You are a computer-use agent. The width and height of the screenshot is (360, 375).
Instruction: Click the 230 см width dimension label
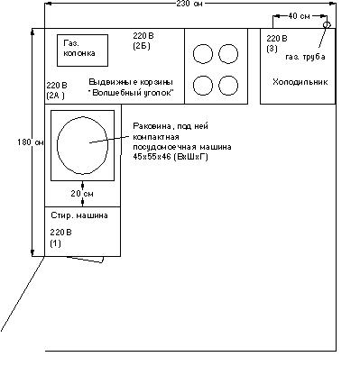[189, 4]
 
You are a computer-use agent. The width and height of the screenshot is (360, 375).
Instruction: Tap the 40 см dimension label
[299, 16]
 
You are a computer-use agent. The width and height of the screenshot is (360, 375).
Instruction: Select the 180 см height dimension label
[31, 142]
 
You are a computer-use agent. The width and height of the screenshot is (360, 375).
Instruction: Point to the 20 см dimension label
[82, 194]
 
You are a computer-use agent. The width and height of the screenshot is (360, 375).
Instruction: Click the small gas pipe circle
[327, 25]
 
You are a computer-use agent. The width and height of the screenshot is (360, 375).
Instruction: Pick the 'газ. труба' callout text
[305, 57]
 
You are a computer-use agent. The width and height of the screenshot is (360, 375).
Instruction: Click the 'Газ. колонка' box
[82, 50]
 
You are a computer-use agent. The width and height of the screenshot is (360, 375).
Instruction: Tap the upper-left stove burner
[203, 54]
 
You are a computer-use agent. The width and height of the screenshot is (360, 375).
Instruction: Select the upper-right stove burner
[228, 54]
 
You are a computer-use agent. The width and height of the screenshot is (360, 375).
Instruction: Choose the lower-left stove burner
[203, 86]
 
